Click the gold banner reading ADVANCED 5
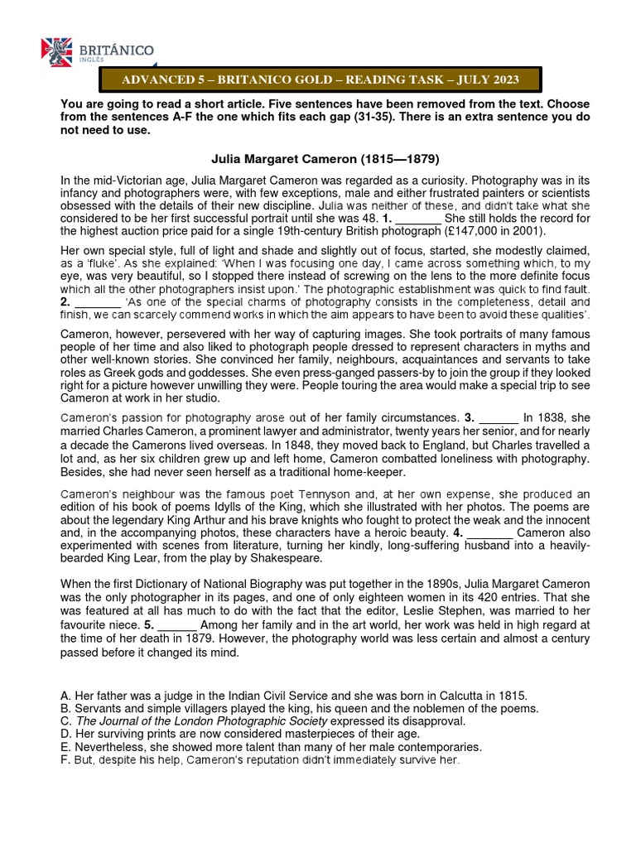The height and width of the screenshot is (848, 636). tap(320, 79)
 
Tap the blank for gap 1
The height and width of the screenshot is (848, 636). tap(419, 219)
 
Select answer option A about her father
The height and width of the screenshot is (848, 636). tap(294, 696)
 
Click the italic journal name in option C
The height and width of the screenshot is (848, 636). tap(196, 721)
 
